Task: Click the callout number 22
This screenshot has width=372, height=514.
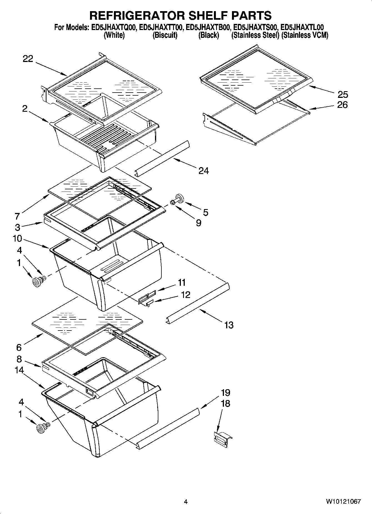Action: pos(28,59)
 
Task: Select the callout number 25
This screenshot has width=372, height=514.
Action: pos(343,95)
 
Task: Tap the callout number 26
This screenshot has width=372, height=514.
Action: pos(343,105)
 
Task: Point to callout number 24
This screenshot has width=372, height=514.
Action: pos(203,171)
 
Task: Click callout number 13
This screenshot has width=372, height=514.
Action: pos(229,325)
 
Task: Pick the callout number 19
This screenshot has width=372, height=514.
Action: pos(225,393)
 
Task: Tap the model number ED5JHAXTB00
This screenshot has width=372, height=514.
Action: pos(208,27)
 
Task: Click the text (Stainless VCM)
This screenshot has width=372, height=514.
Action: pos(305,35)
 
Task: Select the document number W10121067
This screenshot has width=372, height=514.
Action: pos(343,501)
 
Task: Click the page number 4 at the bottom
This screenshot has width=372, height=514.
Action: pos(186,502)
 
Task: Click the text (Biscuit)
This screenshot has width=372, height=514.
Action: pos(165,35)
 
